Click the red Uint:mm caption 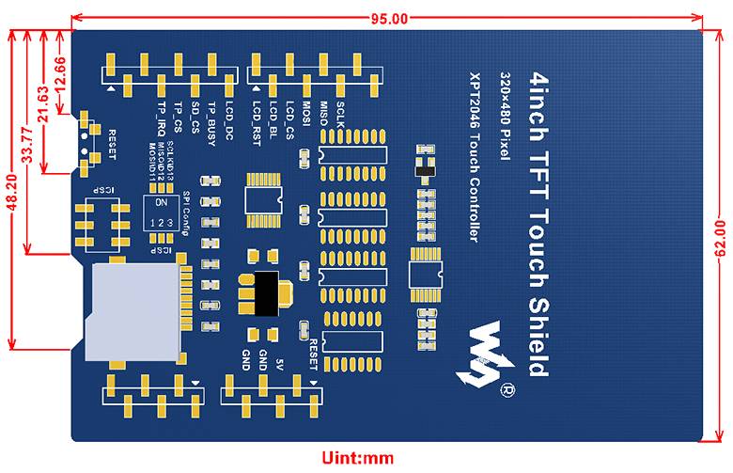coord(358,459)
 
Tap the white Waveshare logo coord(488,354)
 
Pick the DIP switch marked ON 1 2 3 coord(162,213)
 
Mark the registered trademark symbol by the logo coord(508,388)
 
